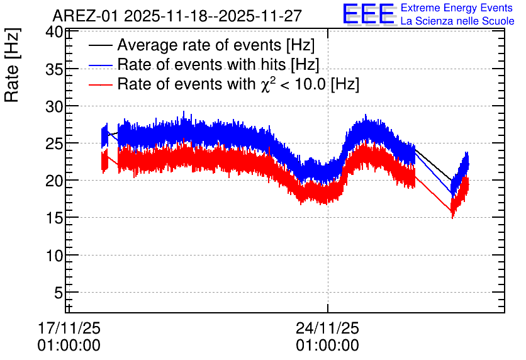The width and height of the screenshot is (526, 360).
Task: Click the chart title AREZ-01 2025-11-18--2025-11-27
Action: pos(177,16)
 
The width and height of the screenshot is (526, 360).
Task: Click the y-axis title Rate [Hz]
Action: pos(12,65)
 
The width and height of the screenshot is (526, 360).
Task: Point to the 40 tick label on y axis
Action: pos(54,32)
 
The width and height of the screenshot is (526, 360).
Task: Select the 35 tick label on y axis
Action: pos(54,69)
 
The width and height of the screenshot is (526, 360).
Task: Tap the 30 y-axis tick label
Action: pos(54,107)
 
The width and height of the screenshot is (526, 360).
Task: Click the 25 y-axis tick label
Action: pos(54,144)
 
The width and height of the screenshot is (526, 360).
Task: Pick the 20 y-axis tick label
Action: pos(54,181)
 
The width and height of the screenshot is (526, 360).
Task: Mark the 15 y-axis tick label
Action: pos(54,218)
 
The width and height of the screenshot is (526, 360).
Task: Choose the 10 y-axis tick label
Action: pos(54,256)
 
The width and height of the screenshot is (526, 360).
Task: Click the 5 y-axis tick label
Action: pos(59,293)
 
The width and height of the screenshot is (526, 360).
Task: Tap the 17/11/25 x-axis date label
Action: pos(69,328)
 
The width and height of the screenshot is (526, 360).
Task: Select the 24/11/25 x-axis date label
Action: pos(327,328)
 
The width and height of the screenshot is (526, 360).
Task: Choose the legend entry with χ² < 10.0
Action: pos(238,84)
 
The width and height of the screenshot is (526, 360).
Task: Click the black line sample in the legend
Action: pos(101,45)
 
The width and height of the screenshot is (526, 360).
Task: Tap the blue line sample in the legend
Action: pos(101,65)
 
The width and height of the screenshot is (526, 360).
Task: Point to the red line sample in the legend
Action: pos(101,84)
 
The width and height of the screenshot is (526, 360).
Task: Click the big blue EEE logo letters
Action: pos(368,14)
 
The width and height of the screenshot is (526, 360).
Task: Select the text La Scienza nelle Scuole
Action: pos(457,21)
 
